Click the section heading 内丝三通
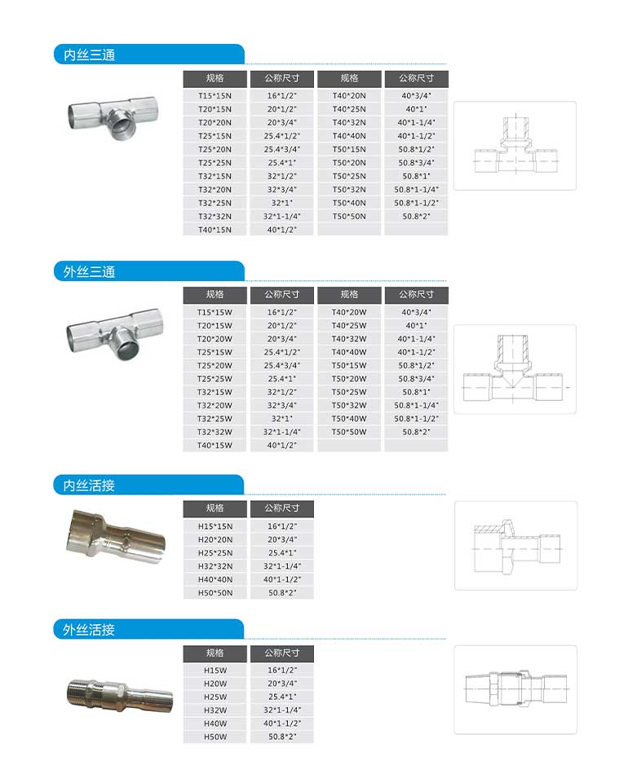click(x=90, y=55)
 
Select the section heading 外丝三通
click(x=90, y=271)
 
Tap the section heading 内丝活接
click(x=90, y=486)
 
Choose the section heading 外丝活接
click(x=90, y=630)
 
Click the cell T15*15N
click(x=214, y=95)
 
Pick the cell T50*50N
click(x=349, y=216)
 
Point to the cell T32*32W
click(x=214, y=432)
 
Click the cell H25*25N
click(x=214, y=552)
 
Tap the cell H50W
click(x=214, y=737)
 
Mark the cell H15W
click(x=214, y=670)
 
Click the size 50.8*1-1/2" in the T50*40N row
click(x=416, y=203)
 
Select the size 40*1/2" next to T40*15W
click(x=281, y=446)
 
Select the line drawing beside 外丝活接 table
click(x=515, y=689)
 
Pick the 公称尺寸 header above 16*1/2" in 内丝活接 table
click(x=281, y=508)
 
